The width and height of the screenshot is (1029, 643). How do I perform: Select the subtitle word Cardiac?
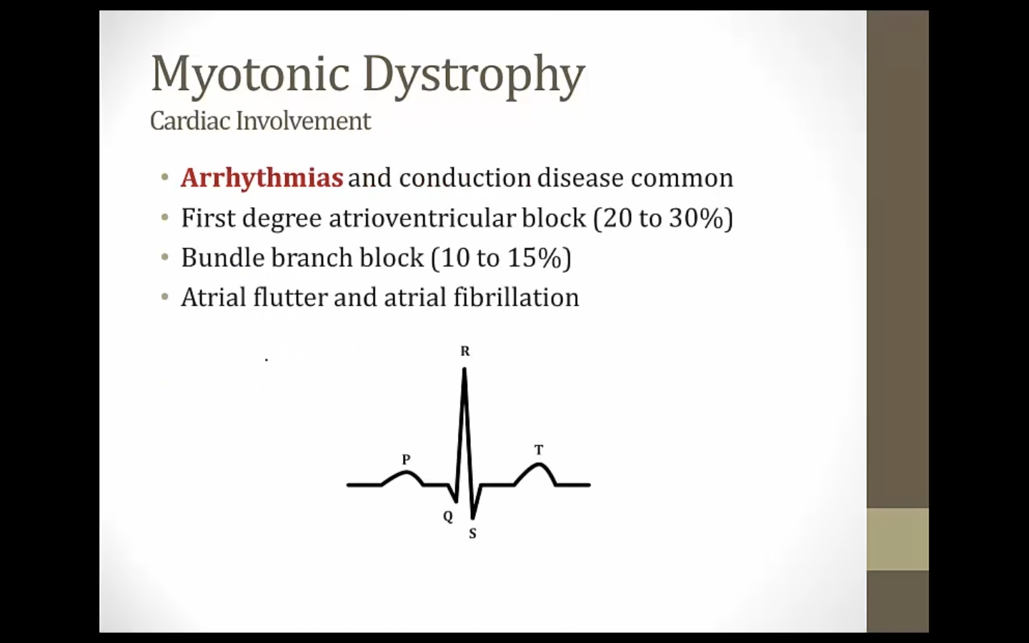pos(190,121)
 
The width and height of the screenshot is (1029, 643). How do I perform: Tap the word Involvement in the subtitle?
pos(303,121)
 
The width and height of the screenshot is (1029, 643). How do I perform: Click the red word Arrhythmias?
pos(262,178)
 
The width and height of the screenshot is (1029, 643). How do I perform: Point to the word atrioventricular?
pos(422,217)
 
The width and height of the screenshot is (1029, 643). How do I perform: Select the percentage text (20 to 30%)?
pos(663,218)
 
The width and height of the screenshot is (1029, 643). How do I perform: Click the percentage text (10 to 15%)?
pos(501,258)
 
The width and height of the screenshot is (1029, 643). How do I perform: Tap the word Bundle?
pos(223,257)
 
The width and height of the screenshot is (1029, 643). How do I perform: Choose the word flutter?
pos(290,297)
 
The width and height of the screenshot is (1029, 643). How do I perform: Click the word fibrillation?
pos(517,297)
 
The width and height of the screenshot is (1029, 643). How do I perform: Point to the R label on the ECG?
pos(465,352)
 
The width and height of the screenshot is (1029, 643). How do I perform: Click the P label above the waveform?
pos(406,459)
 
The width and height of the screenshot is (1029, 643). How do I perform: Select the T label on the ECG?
pos(539,449)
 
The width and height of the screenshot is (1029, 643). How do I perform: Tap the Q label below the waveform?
pos(448,517)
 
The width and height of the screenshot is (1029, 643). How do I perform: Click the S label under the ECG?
pos(473,534)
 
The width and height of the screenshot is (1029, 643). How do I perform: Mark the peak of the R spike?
pos(464,369)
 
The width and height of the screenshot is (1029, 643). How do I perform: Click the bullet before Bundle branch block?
pos(165,257)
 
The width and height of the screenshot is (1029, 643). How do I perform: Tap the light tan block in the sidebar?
pos(898,539)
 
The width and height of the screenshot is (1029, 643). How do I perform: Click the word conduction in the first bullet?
pos(465,178)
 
